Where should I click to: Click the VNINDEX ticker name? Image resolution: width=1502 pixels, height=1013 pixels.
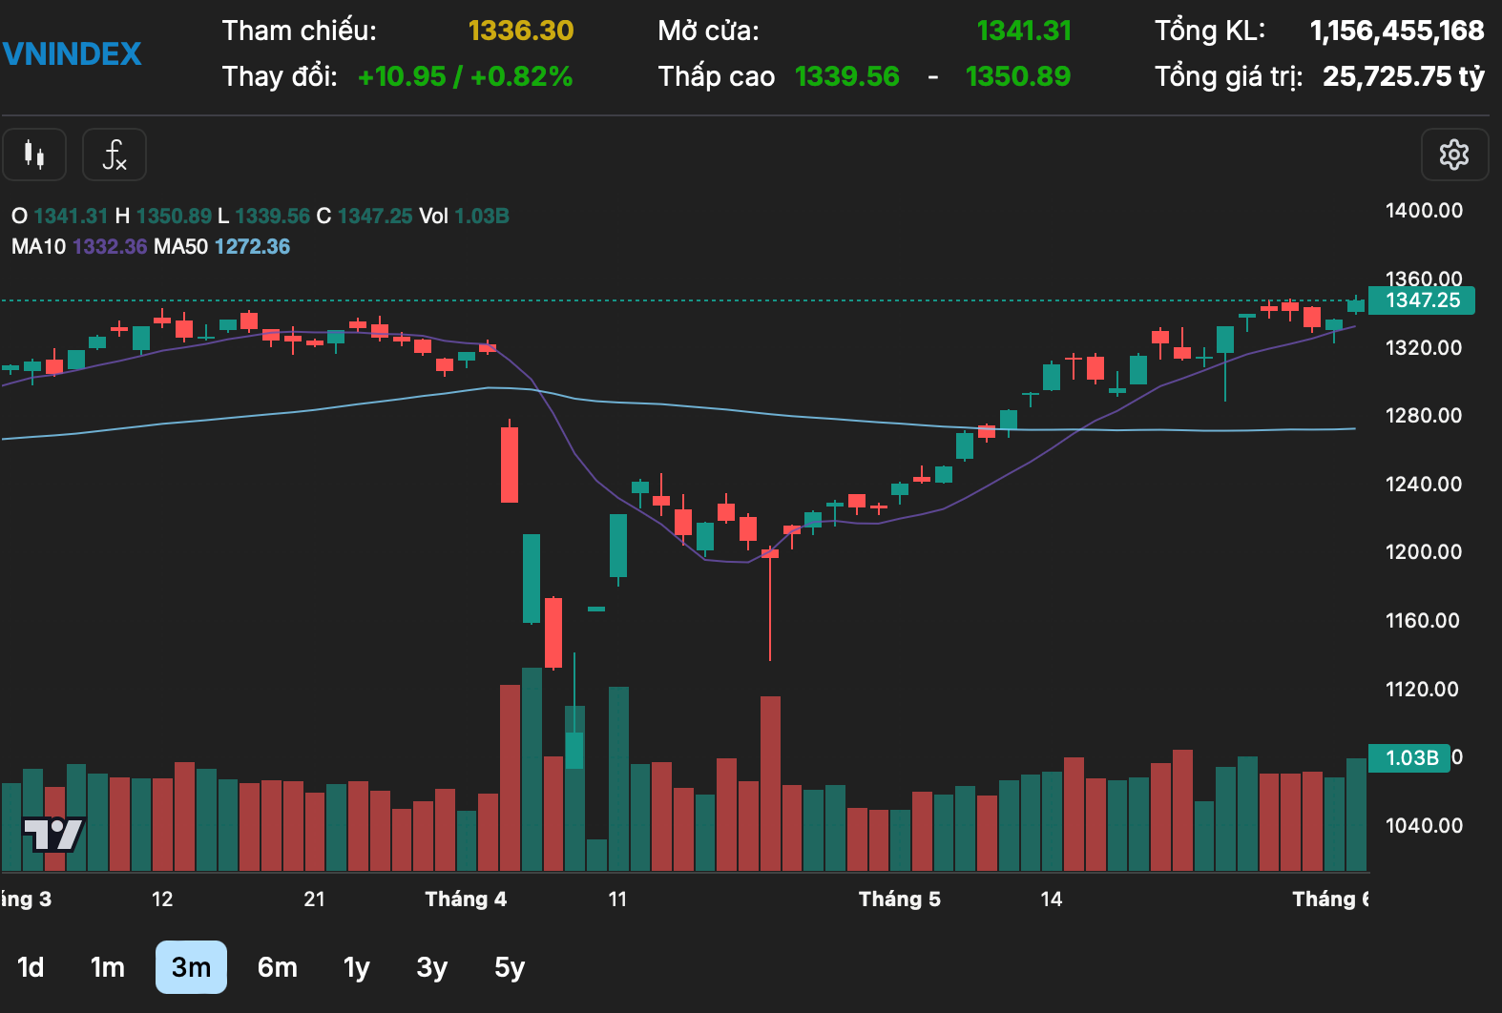coord(73,53)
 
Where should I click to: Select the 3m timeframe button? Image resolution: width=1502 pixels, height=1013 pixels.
coord(191,967)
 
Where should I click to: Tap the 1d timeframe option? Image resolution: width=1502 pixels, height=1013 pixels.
coord(31,967)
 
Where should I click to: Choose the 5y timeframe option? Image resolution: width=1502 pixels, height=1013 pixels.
coord(510,967)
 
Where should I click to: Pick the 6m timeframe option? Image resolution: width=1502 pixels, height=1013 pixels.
coord(278,967)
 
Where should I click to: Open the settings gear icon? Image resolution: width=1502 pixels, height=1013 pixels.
coord(1453,155)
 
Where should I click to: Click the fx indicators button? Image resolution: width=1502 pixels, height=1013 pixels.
coord(115,155)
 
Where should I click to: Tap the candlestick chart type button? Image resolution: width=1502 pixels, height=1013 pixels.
coord(34,155)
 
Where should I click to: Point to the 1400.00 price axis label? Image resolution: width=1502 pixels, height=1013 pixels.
coord(1424,211)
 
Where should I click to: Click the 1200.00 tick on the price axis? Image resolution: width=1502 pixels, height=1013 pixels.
coord(1424,552)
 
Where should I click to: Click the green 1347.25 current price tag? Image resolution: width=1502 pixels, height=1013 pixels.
coord(1422,300)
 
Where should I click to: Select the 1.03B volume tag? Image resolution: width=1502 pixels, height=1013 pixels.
coord(1410,758)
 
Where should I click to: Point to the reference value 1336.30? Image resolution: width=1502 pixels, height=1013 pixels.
coord(521,31)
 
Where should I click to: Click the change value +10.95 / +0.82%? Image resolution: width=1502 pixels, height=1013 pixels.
coord(465,76)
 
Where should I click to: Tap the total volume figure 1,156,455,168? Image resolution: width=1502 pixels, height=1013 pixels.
coord(1397,31)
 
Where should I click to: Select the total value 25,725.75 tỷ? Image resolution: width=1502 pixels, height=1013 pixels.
coord(1403,76)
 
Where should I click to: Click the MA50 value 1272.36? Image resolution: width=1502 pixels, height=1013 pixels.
coord(252,247)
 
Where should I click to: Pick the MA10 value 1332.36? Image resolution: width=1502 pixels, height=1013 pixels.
coord(110,247)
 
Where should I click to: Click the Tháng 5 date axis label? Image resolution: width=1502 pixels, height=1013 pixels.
coord(899,899)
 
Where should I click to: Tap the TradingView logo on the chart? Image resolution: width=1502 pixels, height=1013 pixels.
coord(53,835)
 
